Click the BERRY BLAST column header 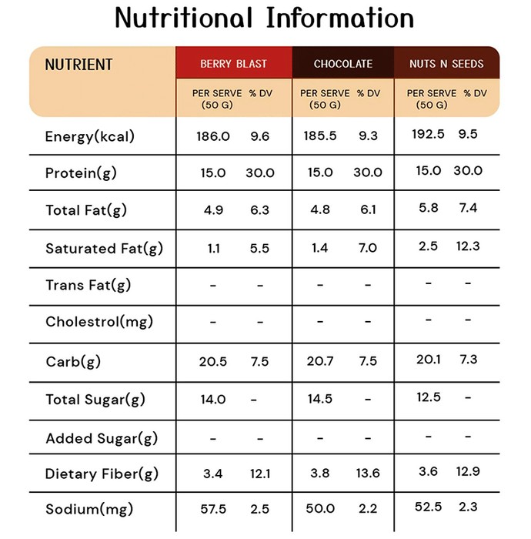[x=233, y=64]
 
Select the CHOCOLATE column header [x=343, y=64]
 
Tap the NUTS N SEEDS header [x=446, y=64]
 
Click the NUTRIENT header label [x=78, y=65]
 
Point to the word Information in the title [x=340, y=18]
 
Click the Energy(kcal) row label [x=89, y=137]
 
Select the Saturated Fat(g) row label [x=104, y=249]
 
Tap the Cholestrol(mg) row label [x=99, y=322]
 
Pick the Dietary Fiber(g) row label [x=102, y=474]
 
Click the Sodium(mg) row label [x=89, y=510]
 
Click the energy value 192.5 [x=428, y=134]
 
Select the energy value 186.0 [x=213, y=136]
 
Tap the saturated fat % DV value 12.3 [x=468, y=246]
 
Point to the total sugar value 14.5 [x=320, y=399]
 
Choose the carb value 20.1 [x=429, y=360]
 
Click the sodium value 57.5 [x=213, y=509]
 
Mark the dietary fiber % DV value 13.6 [x=368, y=474]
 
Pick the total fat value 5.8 [x=429, y=208]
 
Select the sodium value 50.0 [x=320, y=508]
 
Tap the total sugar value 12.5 [x=429, y=397]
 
